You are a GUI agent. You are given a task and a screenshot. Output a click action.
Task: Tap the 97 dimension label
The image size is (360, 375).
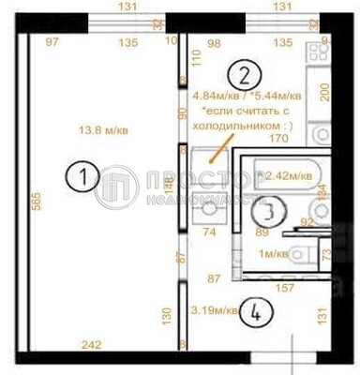(x=52, y=42)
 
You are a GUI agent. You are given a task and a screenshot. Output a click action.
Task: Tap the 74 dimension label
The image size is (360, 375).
(x=210, y=231)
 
